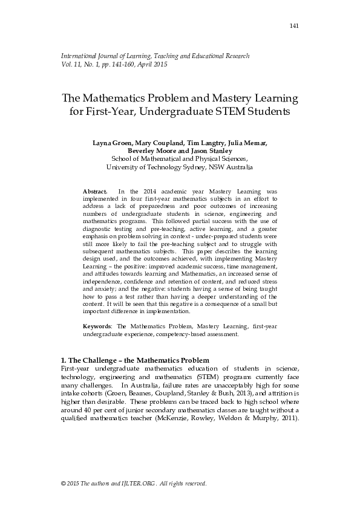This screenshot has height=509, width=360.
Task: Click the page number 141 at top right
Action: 295,25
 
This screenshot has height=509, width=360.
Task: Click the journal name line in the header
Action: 155,56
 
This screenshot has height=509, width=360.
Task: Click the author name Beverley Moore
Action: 152,151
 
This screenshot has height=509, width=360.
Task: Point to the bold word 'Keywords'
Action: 97,326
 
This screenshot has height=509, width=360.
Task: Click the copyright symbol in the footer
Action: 64,484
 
